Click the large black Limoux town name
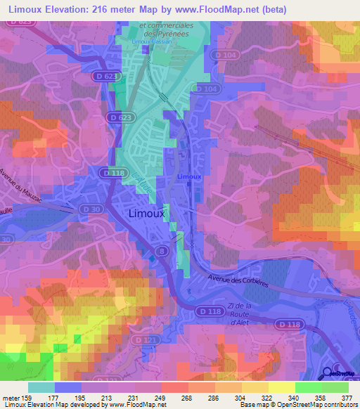click(147, 213)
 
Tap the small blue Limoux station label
click(189, 176)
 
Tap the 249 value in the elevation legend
click(161, 397)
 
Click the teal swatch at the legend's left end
click(41, 387)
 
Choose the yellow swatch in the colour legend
click(282, 387)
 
